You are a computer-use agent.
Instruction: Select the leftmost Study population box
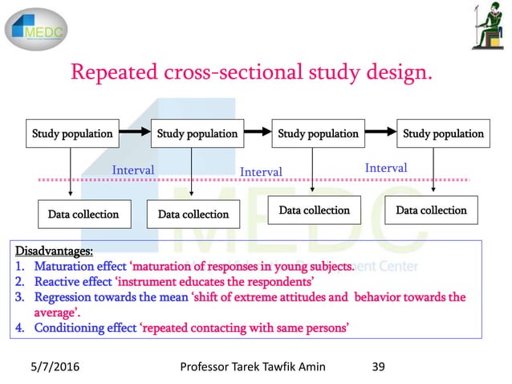72,133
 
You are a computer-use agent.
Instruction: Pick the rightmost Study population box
443,133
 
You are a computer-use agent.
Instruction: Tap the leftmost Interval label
133,170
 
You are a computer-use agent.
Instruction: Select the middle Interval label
262,172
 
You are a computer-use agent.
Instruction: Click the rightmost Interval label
386,168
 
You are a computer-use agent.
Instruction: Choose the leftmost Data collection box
83,214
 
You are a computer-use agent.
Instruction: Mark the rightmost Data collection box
431,210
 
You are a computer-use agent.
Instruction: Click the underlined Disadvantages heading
53,251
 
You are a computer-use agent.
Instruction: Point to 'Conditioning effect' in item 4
85,327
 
